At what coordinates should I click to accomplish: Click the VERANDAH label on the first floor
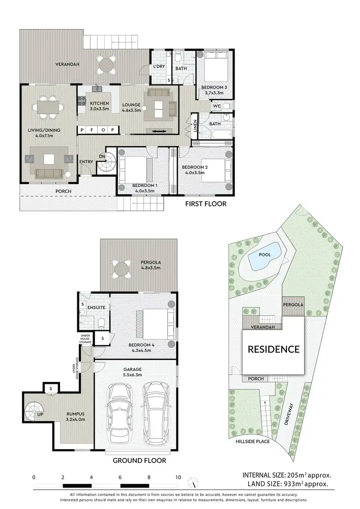(67, 64)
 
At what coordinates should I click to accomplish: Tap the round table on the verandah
(107, 64)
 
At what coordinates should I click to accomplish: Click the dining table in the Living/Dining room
(48, 106)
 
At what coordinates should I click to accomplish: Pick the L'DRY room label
(159, 67)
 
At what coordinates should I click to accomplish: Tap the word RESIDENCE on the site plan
(273, 349)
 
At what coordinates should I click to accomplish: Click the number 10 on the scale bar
(178, 477)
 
